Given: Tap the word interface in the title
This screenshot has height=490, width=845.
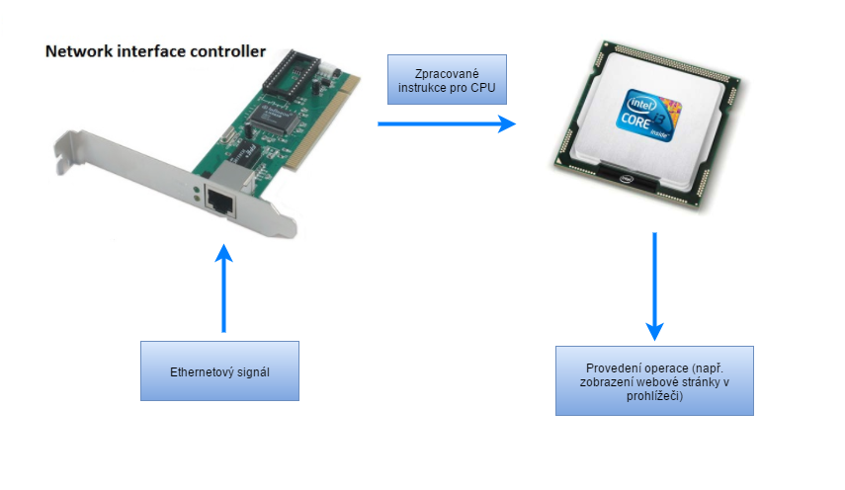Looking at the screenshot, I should pos(151,50).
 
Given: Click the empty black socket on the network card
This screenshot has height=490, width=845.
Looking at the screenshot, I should pos(296,68).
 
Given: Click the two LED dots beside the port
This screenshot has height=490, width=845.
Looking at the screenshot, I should pos(198,191).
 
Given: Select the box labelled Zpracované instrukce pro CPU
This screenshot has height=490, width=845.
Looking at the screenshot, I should pos(447,80).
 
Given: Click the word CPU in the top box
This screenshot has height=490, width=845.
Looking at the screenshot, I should pos(484,87).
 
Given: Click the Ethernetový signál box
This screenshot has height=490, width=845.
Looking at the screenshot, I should pos(219,370).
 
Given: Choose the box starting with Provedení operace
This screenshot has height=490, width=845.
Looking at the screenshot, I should pos(654,379).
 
